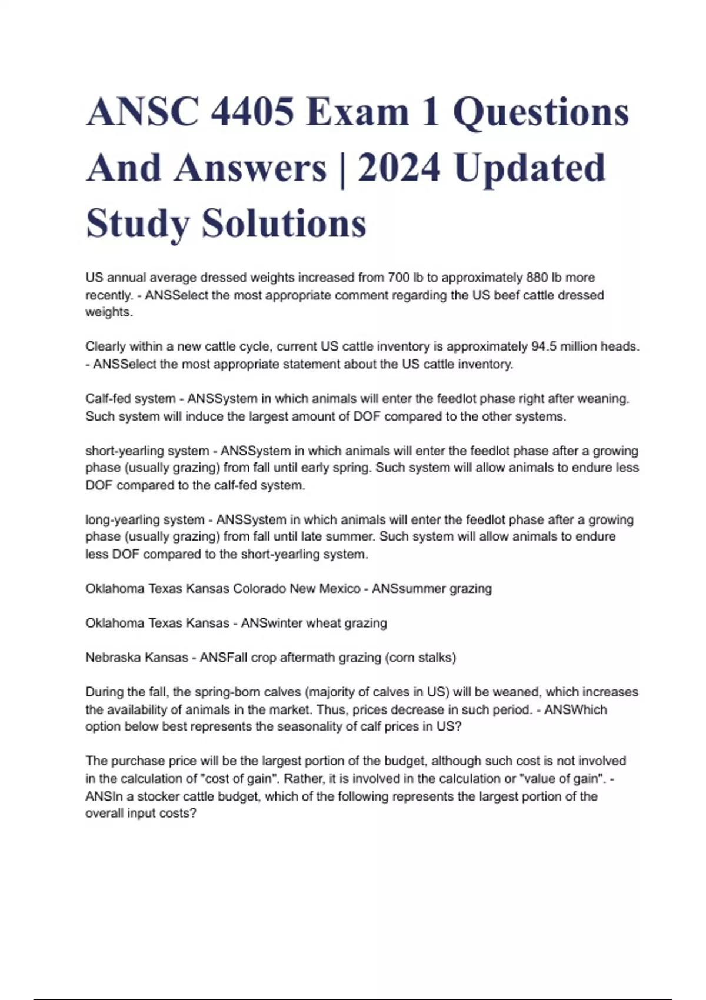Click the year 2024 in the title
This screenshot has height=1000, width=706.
398,167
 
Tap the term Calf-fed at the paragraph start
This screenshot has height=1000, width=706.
109,399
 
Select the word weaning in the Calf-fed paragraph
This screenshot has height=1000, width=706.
606,399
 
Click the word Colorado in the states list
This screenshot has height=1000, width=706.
257,589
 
